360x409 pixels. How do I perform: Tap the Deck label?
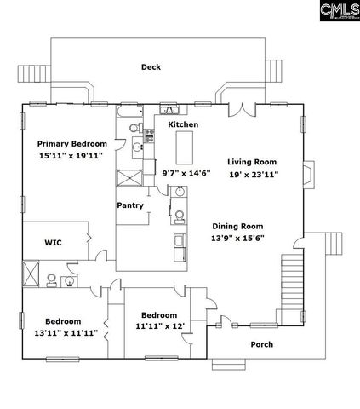point(151,67)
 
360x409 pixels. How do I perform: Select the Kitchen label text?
point(183,125)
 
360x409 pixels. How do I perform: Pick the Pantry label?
point(130,205)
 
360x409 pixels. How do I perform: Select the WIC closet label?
point(53,242)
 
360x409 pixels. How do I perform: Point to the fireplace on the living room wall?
point(308,174)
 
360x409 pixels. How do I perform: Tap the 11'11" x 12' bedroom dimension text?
point(159,325)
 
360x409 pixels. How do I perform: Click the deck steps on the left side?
point(35,75)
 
